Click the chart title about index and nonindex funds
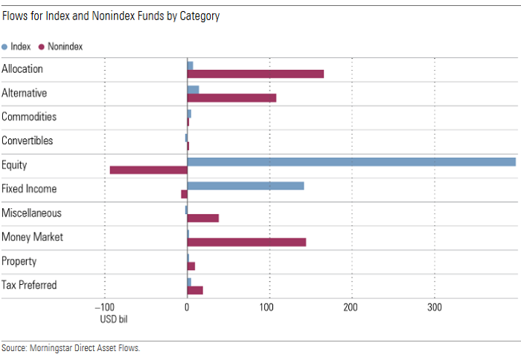point(111,16)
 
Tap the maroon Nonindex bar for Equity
point(148,170)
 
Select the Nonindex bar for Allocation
point(255,74)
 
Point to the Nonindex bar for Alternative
point(231,98)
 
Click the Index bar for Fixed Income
point(246,185)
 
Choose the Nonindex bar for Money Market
point(246,242)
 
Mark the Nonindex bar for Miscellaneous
point(203,218)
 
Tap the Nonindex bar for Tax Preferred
point(195,290)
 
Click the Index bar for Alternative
point(193,89)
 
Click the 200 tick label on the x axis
point(351,307)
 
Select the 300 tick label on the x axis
point(434,307)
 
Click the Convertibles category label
point(28,141)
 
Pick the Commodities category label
point(29,117)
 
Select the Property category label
point(19,261)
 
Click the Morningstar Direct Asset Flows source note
point(71,347)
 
